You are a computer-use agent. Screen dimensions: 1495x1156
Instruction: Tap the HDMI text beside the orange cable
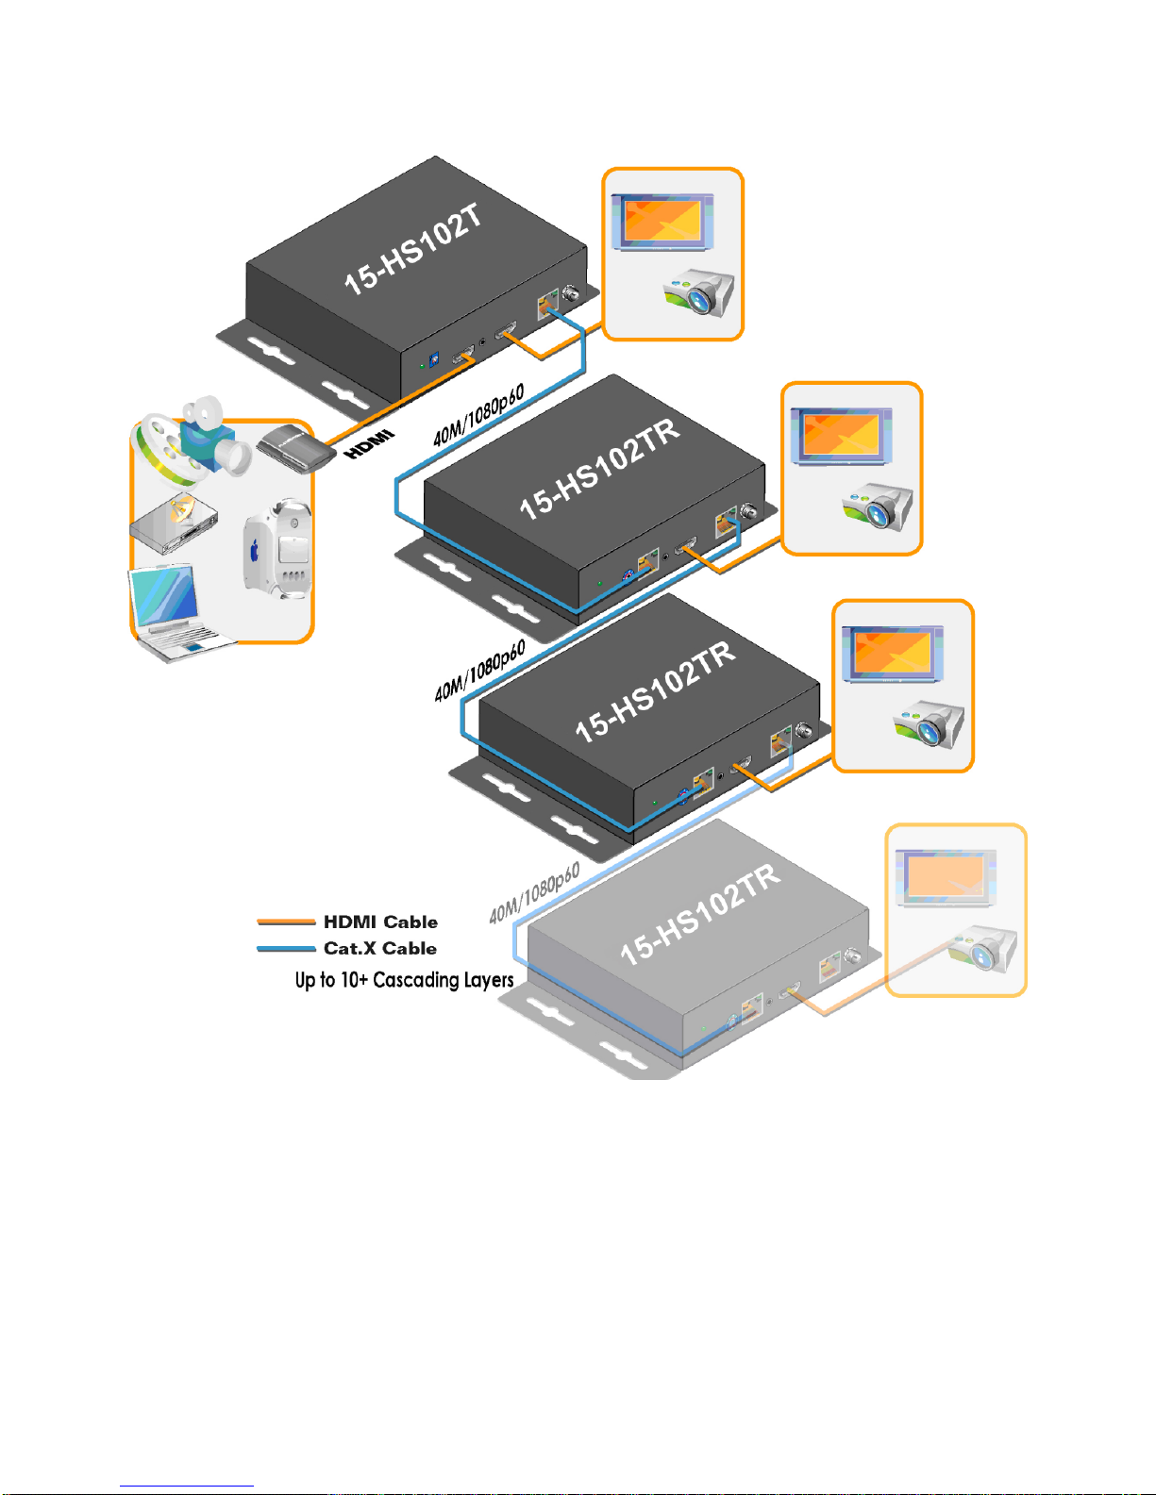coord(369,444)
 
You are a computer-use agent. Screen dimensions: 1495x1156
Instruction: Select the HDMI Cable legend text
coord(380,922)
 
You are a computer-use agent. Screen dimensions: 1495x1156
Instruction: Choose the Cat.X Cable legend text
coord(379,948)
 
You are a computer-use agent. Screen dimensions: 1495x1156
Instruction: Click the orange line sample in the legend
coord(286,922)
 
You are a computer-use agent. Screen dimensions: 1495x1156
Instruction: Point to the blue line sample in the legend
coord(286,948)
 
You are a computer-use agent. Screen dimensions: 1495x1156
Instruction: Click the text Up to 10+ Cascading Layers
coord(404,980)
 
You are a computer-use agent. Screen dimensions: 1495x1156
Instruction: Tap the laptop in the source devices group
coord(175,612)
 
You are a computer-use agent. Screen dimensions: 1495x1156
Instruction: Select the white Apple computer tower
coord(276,551)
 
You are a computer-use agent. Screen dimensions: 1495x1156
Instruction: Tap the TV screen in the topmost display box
coord(662,221)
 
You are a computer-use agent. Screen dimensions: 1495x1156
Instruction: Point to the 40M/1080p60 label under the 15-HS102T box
coord(478,416)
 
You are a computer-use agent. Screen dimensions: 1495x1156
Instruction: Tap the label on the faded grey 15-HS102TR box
coord(700,914)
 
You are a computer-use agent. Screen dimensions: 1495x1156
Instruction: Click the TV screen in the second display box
coord(841,436)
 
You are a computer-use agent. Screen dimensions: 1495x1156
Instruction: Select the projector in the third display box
coord(930,724)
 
